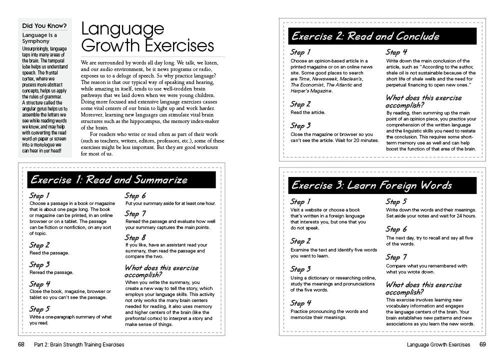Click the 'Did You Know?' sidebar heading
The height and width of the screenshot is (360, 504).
[44, 25]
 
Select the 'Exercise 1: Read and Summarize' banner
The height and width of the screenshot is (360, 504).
[109, 179]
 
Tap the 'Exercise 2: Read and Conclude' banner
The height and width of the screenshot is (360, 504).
[365, 36]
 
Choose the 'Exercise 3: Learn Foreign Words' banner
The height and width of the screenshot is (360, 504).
[371, 185]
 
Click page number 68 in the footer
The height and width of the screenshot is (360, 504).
[21, 344]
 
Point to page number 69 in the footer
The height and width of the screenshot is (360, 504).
[482, 344]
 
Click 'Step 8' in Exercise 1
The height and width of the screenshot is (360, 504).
[135, 237]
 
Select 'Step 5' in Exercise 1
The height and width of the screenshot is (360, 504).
[39, 309]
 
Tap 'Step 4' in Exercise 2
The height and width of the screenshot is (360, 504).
[396, 52]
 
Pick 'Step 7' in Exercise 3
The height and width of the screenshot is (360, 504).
[396, 257]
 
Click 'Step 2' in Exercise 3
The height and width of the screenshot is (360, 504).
[300, 241]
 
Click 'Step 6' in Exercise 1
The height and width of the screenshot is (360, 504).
[135, 195]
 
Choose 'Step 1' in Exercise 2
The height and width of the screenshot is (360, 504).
[300, 52]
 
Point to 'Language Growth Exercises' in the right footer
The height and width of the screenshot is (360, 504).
[438, 344]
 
